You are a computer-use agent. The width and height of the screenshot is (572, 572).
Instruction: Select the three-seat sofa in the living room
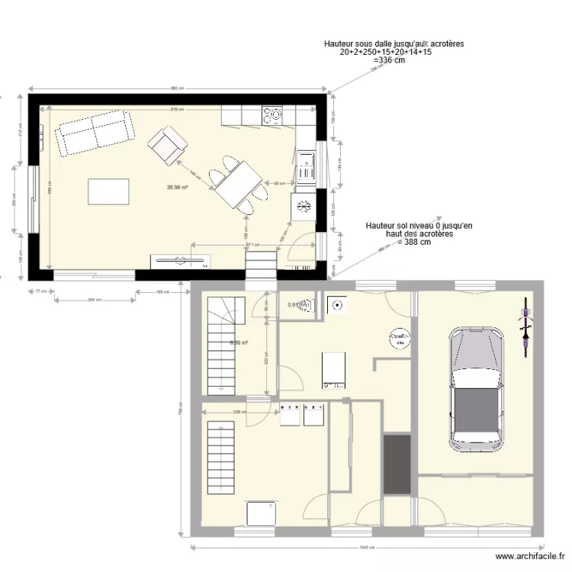tap(93, 133)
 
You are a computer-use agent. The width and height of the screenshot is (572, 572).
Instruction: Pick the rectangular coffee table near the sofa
tap(108, 191)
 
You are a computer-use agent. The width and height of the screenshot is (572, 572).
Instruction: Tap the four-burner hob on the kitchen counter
tap(272, 115)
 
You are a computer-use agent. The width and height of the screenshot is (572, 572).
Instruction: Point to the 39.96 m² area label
tap(177, 187)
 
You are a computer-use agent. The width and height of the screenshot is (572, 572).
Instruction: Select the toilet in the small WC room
tap(306, 305)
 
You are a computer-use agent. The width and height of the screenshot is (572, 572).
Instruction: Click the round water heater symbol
tap(398, 338)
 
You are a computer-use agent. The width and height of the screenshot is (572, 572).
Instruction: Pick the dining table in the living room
tap(238, 184)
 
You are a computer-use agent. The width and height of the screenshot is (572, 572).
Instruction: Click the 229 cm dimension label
tap(237, 413)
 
